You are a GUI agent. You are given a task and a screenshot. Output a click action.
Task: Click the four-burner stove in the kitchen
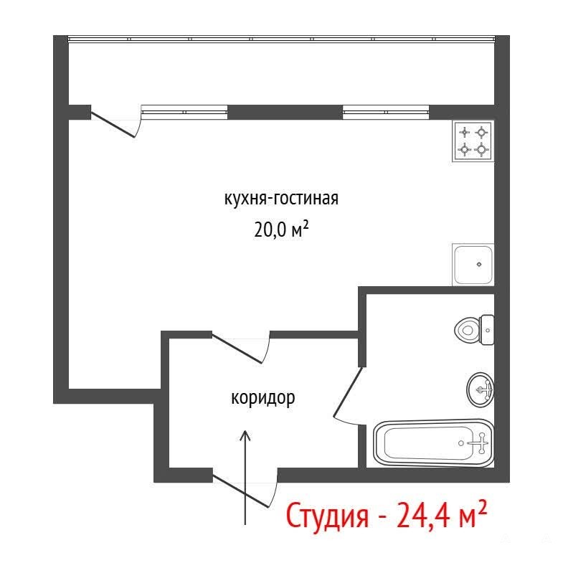pos(473,141)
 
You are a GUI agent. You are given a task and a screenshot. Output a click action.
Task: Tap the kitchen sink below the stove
pos(473,265)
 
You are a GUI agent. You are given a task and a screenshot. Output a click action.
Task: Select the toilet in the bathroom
pos(474,330)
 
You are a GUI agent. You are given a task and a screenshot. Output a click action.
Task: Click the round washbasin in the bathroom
pos(480,389)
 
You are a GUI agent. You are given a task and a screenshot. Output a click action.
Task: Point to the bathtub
pos(434,443)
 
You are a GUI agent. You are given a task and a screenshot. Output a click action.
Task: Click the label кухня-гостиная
pos(281,199)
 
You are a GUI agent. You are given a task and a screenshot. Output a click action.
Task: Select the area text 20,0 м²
pos(281,230)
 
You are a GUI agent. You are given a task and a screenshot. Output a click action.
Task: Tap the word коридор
pos(262,398)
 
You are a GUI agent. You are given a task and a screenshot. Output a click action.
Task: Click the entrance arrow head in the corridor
pos(245,435)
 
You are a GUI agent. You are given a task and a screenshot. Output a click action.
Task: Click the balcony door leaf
pos(113,124)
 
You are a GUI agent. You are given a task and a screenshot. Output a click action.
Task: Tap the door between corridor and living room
pos(237,349)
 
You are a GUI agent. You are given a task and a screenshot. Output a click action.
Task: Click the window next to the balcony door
pos(184,112)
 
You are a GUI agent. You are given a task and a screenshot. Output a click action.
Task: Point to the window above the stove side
pos(386,112)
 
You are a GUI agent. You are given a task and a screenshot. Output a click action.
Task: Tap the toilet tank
pos(487,330)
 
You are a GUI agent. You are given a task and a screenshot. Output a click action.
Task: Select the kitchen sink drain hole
pos(479,265)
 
